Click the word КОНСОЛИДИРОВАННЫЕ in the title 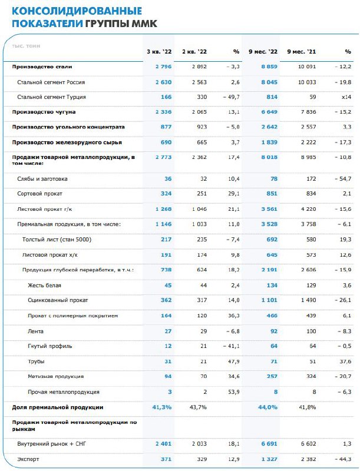[77, 11]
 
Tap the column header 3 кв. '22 [158, 52]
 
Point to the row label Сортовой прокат [40, 193]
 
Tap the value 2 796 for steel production [162, 67]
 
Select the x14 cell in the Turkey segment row [346, 96]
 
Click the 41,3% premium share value [160, 407]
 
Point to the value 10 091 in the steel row [305, 67]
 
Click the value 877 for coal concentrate [166, 127]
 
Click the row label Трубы [36, 361]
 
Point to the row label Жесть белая [45, 285]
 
